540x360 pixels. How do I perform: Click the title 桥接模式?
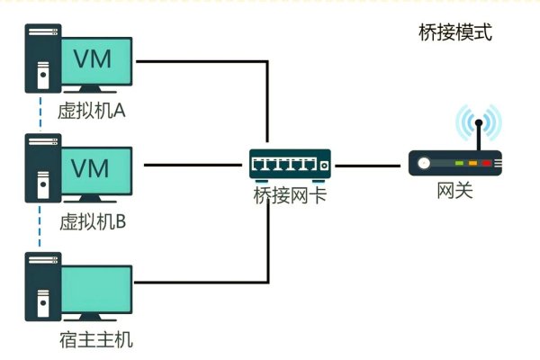point(456,33)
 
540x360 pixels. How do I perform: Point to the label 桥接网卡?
point(289,192)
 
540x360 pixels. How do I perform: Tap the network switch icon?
point(290,165)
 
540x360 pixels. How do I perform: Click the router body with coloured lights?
point(455,164)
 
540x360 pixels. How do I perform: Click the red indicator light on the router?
point(487,165)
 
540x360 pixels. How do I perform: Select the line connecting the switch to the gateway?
point(369,165)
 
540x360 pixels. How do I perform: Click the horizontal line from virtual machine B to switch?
point(193,165)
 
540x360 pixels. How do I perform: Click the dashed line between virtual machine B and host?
point(40,231)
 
